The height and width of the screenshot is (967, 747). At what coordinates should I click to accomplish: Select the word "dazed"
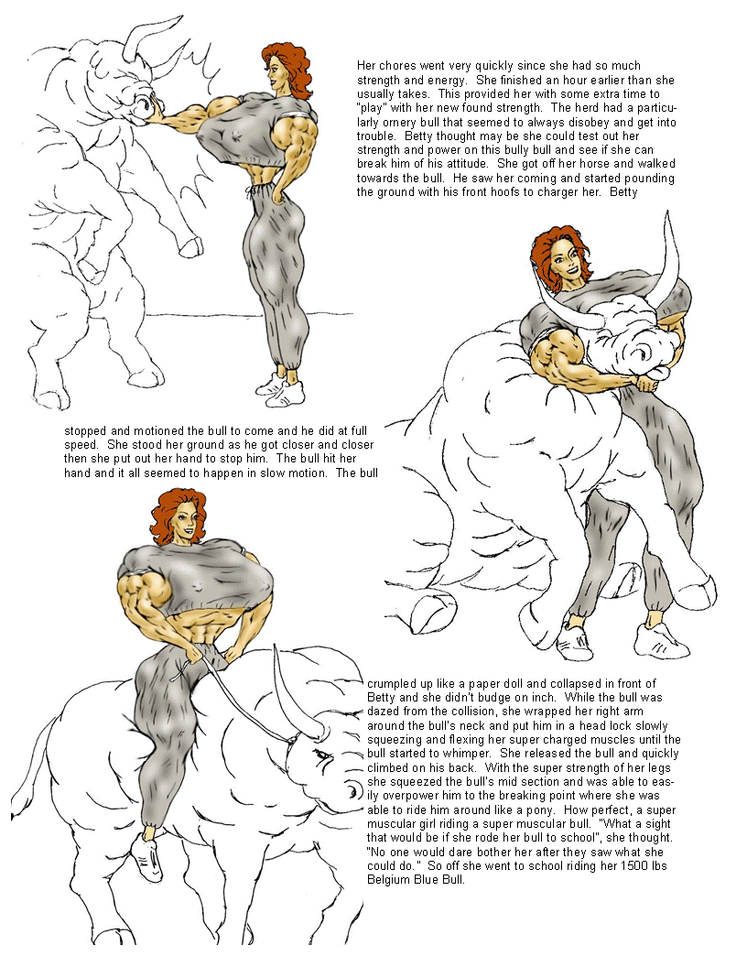(384, 712)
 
